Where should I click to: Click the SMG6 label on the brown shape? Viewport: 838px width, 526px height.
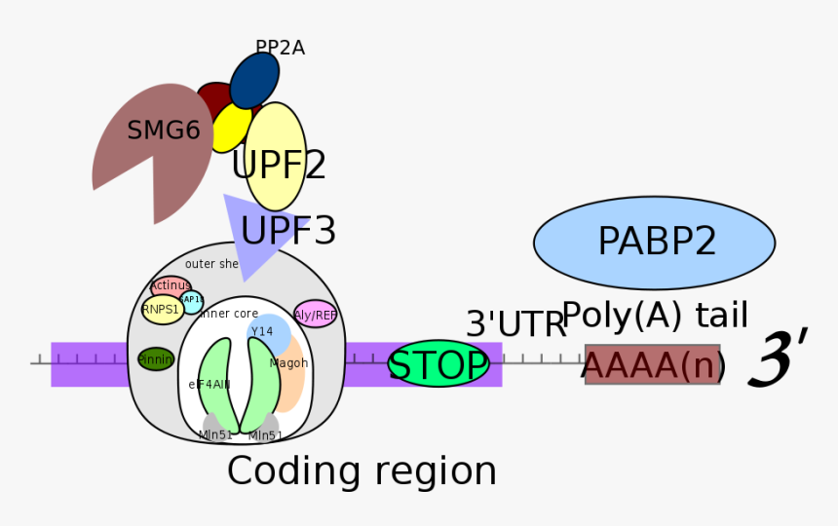pyautogui.click(x=164, y=131)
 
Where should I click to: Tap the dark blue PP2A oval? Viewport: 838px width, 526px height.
pyautogui.click(x=254, y=80)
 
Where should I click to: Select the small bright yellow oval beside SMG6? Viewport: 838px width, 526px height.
pyautogui.click(x=231, y=128)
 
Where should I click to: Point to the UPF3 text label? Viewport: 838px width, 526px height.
pyautogui.click(x=288, y=232)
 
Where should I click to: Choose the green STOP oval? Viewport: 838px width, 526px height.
pyautogui.click(x=438, y=365)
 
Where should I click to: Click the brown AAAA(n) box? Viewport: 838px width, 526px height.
pyautogui.click(x=653, y=364)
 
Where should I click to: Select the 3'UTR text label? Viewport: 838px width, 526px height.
pyautogui.click(x=515, y=324)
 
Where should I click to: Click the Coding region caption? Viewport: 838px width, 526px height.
pyautogui.click(x=362, y=471)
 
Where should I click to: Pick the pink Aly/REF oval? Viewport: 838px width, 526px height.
pyautogui.click(x=315, y=315)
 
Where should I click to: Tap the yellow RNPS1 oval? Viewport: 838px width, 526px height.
pyautogui.click(x=162, y=310)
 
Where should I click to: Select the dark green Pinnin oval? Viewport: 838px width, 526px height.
pyautogui.click(x=156, y=359)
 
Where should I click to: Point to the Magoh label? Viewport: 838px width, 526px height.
pyautogui.click(x=288, y=363)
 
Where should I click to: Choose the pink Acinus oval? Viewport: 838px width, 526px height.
pyautogui.click(x=170, y=285)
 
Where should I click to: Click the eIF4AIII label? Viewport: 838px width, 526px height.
pyautogui.click(x=209, y=385)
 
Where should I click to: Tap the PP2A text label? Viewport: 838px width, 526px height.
pyautogui.click(x=280, y=48)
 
